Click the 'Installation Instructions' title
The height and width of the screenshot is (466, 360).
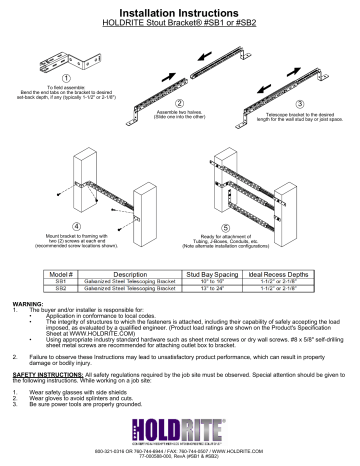(x=180, y=8)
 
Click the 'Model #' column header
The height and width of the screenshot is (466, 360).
(x=64, y=272)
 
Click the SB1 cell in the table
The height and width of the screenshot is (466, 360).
(x=64, y=281)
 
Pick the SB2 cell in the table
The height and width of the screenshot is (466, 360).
(x=64, y=289)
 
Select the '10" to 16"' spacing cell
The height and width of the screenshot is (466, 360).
(x=213, y=281)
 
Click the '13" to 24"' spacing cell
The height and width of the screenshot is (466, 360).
(x=213, y=289)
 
